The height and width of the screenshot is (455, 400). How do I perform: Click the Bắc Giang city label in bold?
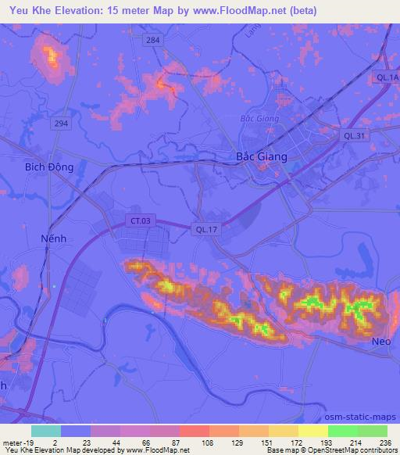pyautogui.click(x=262, y=156)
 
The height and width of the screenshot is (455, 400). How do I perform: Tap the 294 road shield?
pyautogui.click(x=60, y=124)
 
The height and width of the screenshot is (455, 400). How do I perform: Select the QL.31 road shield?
pyautogui.click(x=355, y=135)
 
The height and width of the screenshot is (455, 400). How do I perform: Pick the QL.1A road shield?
pyautogui.click(x=387, y=77)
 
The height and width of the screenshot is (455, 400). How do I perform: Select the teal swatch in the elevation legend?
pyautogui.click(x=45, y=431)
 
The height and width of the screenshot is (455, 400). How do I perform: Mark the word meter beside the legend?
pyautogui.click(x=12, y=442)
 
